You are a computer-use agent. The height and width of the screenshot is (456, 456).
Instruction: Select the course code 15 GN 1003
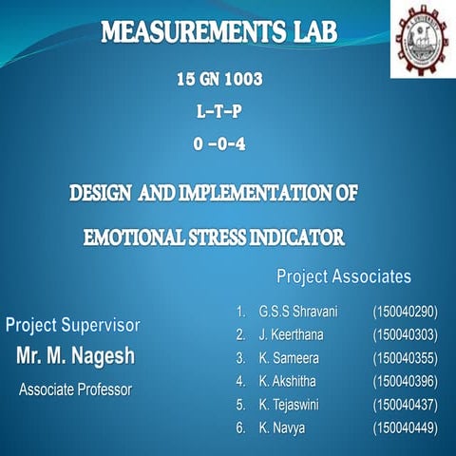click(x=219, y=81)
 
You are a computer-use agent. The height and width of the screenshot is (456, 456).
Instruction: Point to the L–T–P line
click(x=219, y=112)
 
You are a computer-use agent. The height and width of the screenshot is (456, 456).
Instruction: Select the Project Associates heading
click(x=344, y=276)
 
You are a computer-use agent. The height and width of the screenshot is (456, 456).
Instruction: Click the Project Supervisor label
click(x=73, y=325)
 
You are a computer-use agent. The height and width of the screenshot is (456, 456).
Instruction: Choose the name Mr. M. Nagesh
click(x=76, y=357)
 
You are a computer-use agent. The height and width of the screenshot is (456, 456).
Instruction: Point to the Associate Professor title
click(x=76, y=389)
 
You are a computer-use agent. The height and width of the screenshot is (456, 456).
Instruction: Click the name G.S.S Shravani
click(x=297, y=311)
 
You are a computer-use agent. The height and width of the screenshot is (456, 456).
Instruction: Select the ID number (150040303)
click(x=405, y=334)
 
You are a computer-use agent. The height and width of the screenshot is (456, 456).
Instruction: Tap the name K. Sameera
click(x=289, y=358)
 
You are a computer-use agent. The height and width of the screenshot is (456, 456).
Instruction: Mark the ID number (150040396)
click(x=405, y=382)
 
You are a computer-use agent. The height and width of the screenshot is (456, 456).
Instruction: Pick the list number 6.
click(x=241, y=428)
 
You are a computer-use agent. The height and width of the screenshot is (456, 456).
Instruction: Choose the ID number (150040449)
click(x=405, y=428)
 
